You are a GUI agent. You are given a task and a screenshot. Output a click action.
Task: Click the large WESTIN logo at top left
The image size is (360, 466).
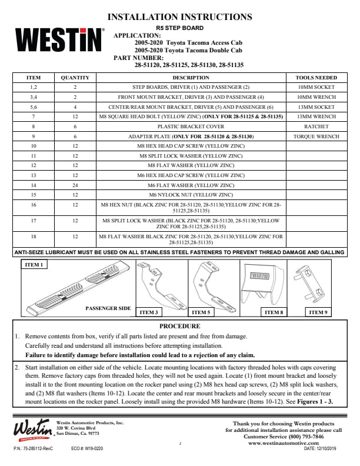[59, 41]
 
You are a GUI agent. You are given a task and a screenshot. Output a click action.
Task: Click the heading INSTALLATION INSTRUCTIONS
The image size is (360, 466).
[181, 16]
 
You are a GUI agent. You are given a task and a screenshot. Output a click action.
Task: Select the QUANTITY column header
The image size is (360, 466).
[75, 78]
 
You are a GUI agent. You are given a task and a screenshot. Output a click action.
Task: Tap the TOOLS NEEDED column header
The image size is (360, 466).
[316, 78]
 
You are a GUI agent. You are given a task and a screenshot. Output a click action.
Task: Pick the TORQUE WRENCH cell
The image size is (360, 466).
[316, 136]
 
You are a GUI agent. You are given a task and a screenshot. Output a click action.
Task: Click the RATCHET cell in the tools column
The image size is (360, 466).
[316, 127]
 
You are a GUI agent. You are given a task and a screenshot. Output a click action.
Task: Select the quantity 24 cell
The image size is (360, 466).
[75, 185]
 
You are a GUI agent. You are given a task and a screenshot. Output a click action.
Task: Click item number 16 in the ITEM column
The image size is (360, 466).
[34, 205]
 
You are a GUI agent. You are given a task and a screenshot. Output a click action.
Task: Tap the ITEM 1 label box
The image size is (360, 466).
[34, 265]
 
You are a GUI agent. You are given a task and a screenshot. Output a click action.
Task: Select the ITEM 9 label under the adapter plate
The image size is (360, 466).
[318, 312]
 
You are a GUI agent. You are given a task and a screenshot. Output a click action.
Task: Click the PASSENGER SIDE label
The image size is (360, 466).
[108, 308]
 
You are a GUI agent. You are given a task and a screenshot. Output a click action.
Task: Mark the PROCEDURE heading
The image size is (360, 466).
[180, 326]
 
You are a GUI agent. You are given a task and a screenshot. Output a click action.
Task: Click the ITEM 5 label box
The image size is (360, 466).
[201, 312]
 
